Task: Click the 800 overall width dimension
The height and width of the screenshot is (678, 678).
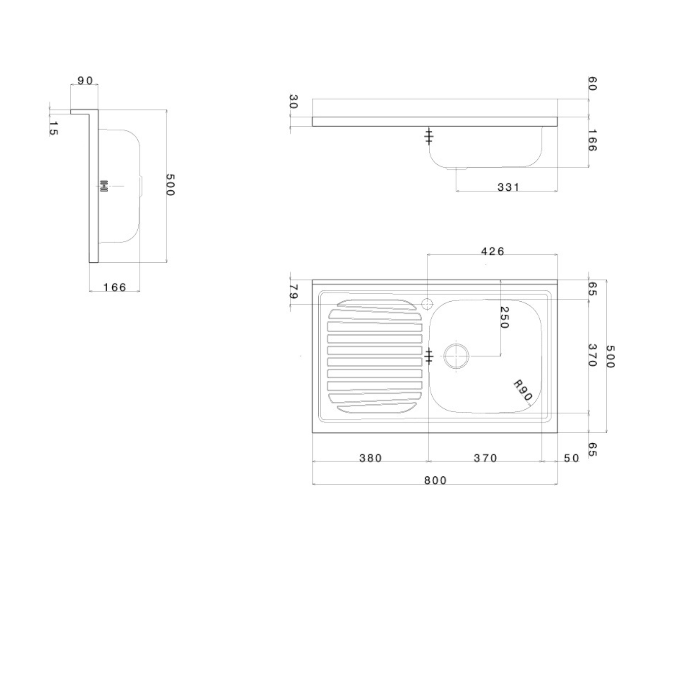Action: coord(435,480)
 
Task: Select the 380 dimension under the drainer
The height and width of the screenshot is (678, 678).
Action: coord(370,458)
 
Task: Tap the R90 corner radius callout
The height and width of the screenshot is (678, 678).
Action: coord(522,390)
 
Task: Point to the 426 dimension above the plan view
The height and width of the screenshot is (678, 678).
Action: coord(493,251)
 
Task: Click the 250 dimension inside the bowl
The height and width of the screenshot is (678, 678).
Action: coord(504,317)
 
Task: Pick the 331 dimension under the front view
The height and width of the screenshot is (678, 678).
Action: coord(508,187)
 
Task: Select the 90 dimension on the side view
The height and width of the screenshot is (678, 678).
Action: coord(85,81)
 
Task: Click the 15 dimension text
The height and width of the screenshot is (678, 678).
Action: coord(53,128)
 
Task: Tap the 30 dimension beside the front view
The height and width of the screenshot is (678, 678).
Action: coord(293,102)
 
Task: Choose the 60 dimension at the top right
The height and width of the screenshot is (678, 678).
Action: coord(592,83)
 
